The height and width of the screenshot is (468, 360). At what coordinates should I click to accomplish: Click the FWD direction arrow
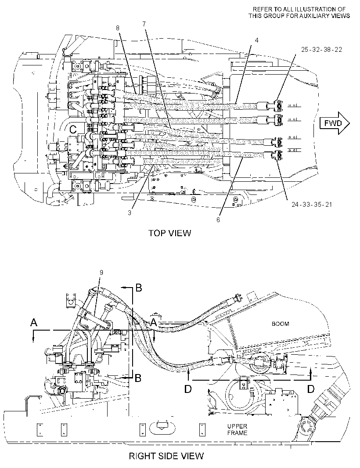coord(335,123)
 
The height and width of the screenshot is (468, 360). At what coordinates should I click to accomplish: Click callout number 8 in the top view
coord(118,28)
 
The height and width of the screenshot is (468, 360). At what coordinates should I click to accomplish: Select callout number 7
coord(144,24)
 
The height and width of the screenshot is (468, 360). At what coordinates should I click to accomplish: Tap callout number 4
coord(257,40)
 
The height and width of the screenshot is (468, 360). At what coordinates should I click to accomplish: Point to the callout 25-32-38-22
coord(321,50)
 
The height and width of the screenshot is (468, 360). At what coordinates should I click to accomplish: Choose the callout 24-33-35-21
coord(312,205)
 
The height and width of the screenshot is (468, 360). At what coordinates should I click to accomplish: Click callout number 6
coord(218,220)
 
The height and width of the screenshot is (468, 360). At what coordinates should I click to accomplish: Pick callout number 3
coord(130,213)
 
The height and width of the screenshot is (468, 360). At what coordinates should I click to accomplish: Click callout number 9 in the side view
coord(101,272)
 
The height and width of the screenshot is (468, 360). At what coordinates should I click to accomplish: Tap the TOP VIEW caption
coord(170,233)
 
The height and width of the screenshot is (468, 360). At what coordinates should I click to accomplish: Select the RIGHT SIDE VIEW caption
coord(166,456)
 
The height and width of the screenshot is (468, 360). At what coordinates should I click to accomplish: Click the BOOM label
coord(280,324)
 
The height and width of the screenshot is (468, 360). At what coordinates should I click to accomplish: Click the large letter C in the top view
coord(73,130)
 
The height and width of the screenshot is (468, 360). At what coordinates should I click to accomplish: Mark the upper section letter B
coord(138,288)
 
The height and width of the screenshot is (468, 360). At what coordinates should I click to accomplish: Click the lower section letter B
coord(138,378)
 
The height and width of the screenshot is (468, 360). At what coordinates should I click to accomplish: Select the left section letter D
coord(188,389)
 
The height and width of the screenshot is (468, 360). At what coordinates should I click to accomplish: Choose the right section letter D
coord(311,389)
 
